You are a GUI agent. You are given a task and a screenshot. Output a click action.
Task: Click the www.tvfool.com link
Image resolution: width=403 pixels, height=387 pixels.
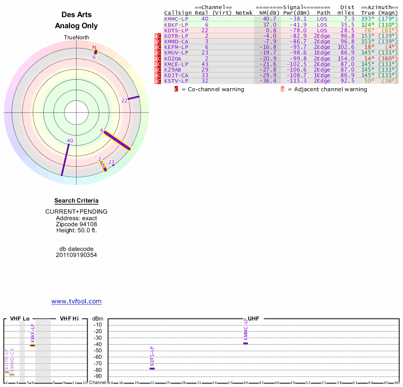76,301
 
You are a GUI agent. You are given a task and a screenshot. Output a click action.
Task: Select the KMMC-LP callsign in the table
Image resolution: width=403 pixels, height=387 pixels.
176,19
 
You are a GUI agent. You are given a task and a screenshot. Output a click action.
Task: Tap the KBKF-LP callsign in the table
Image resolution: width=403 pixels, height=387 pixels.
176,25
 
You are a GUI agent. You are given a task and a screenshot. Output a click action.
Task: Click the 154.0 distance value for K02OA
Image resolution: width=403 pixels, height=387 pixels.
346,58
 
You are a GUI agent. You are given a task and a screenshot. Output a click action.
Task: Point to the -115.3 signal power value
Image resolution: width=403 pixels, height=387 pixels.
297,81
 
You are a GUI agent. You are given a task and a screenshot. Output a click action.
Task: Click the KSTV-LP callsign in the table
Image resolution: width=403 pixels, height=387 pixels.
176,81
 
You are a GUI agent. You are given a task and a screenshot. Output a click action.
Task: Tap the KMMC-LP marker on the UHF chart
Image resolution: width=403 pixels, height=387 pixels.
245,343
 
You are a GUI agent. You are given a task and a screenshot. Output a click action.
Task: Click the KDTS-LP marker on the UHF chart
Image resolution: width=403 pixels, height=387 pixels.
152,368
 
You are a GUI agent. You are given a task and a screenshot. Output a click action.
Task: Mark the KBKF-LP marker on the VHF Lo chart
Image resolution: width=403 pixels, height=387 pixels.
32,345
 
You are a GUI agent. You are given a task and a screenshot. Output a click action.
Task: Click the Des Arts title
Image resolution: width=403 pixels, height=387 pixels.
76,15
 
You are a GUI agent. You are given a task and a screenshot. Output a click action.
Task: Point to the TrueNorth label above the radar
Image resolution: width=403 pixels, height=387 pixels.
76,38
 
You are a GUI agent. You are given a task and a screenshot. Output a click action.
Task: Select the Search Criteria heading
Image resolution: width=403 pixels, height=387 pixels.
76,201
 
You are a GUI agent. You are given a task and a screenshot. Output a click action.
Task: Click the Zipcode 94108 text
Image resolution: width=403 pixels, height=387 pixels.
76,224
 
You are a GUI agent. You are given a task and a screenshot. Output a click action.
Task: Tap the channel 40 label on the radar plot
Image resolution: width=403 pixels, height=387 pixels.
70,141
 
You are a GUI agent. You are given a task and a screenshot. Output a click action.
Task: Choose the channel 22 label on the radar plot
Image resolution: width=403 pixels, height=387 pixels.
124,100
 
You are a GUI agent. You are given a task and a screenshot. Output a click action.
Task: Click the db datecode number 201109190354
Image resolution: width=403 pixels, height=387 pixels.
76,255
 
